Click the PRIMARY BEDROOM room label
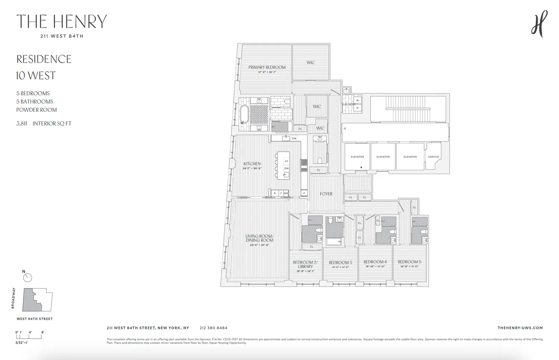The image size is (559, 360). pyautogui.click(x=267, y=67)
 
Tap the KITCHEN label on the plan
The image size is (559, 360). pyautogui.click(x=252, y=164)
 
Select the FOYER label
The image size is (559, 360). pyautogui.click(x=326, y=194)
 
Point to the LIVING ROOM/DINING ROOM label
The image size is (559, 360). pyautogui.click(x=259, y=238)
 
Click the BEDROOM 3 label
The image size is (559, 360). pyautogui.click(x=340, y=263)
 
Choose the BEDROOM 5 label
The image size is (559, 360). pyautogui.click(x=409, y=262)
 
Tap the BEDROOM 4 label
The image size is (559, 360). pyautogui.click(x=375, y=262)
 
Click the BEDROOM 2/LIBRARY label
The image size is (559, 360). pyautogui.click(x=305, y=264)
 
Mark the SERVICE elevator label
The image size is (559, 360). pyautogui.click(x=433, y=157)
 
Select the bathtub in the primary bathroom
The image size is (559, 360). pyautogui.click(x=244, y=114)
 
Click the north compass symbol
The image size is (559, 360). pyautogui.click(x=27, y=277)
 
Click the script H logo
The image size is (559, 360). pyautogui.click(x=539, y=24)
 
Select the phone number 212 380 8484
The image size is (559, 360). pyautogui.click(x=214, y=328)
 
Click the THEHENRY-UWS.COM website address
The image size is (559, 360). pyautogui.click(x=520, y=328)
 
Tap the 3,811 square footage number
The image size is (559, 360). pyautogui.click(x=22, y=124)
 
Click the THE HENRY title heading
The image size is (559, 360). pyautogui.click(x=61, y=22)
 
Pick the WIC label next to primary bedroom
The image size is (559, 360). pyautogui.click(x=310, y=63)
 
